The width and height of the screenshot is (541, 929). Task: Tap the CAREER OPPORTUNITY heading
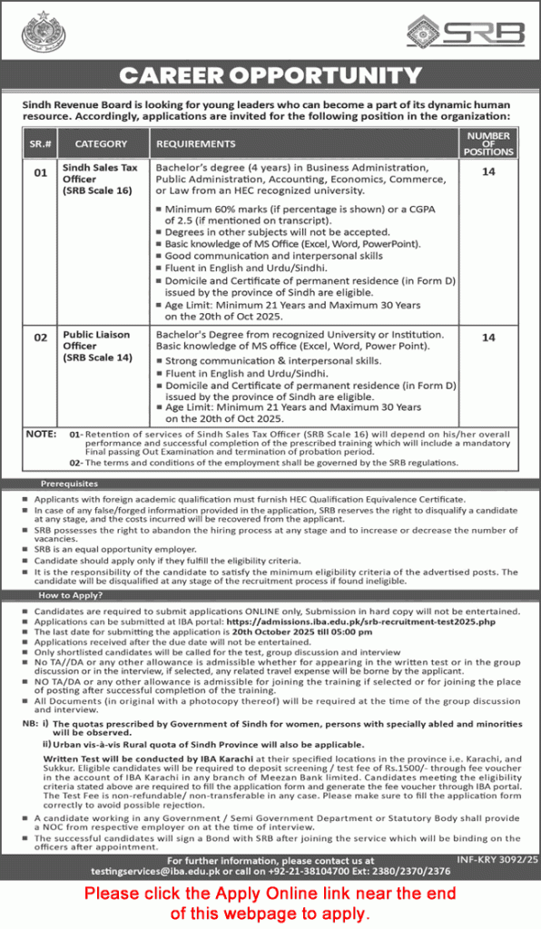click(270, 75)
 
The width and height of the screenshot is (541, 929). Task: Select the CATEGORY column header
click(101, 143)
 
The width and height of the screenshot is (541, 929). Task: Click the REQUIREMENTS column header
click(196, 143)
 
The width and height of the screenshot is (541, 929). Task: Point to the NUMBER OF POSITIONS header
click(488, 143)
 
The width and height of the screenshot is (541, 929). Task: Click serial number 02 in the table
click(40, 337)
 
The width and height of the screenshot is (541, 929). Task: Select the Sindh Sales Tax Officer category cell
click(100, 179)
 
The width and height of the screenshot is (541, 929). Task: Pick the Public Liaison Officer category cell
click(96, 346)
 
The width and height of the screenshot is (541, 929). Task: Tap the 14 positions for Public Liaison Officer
click(488, 337)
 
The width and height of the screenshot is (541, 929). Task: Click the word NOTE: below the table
click(42, 435)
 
